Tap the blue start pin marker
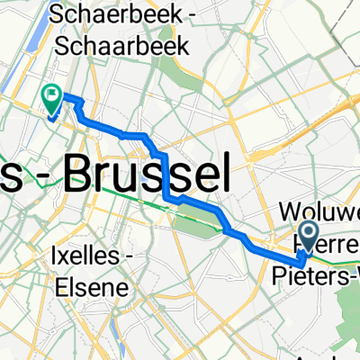click(310, 236)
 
